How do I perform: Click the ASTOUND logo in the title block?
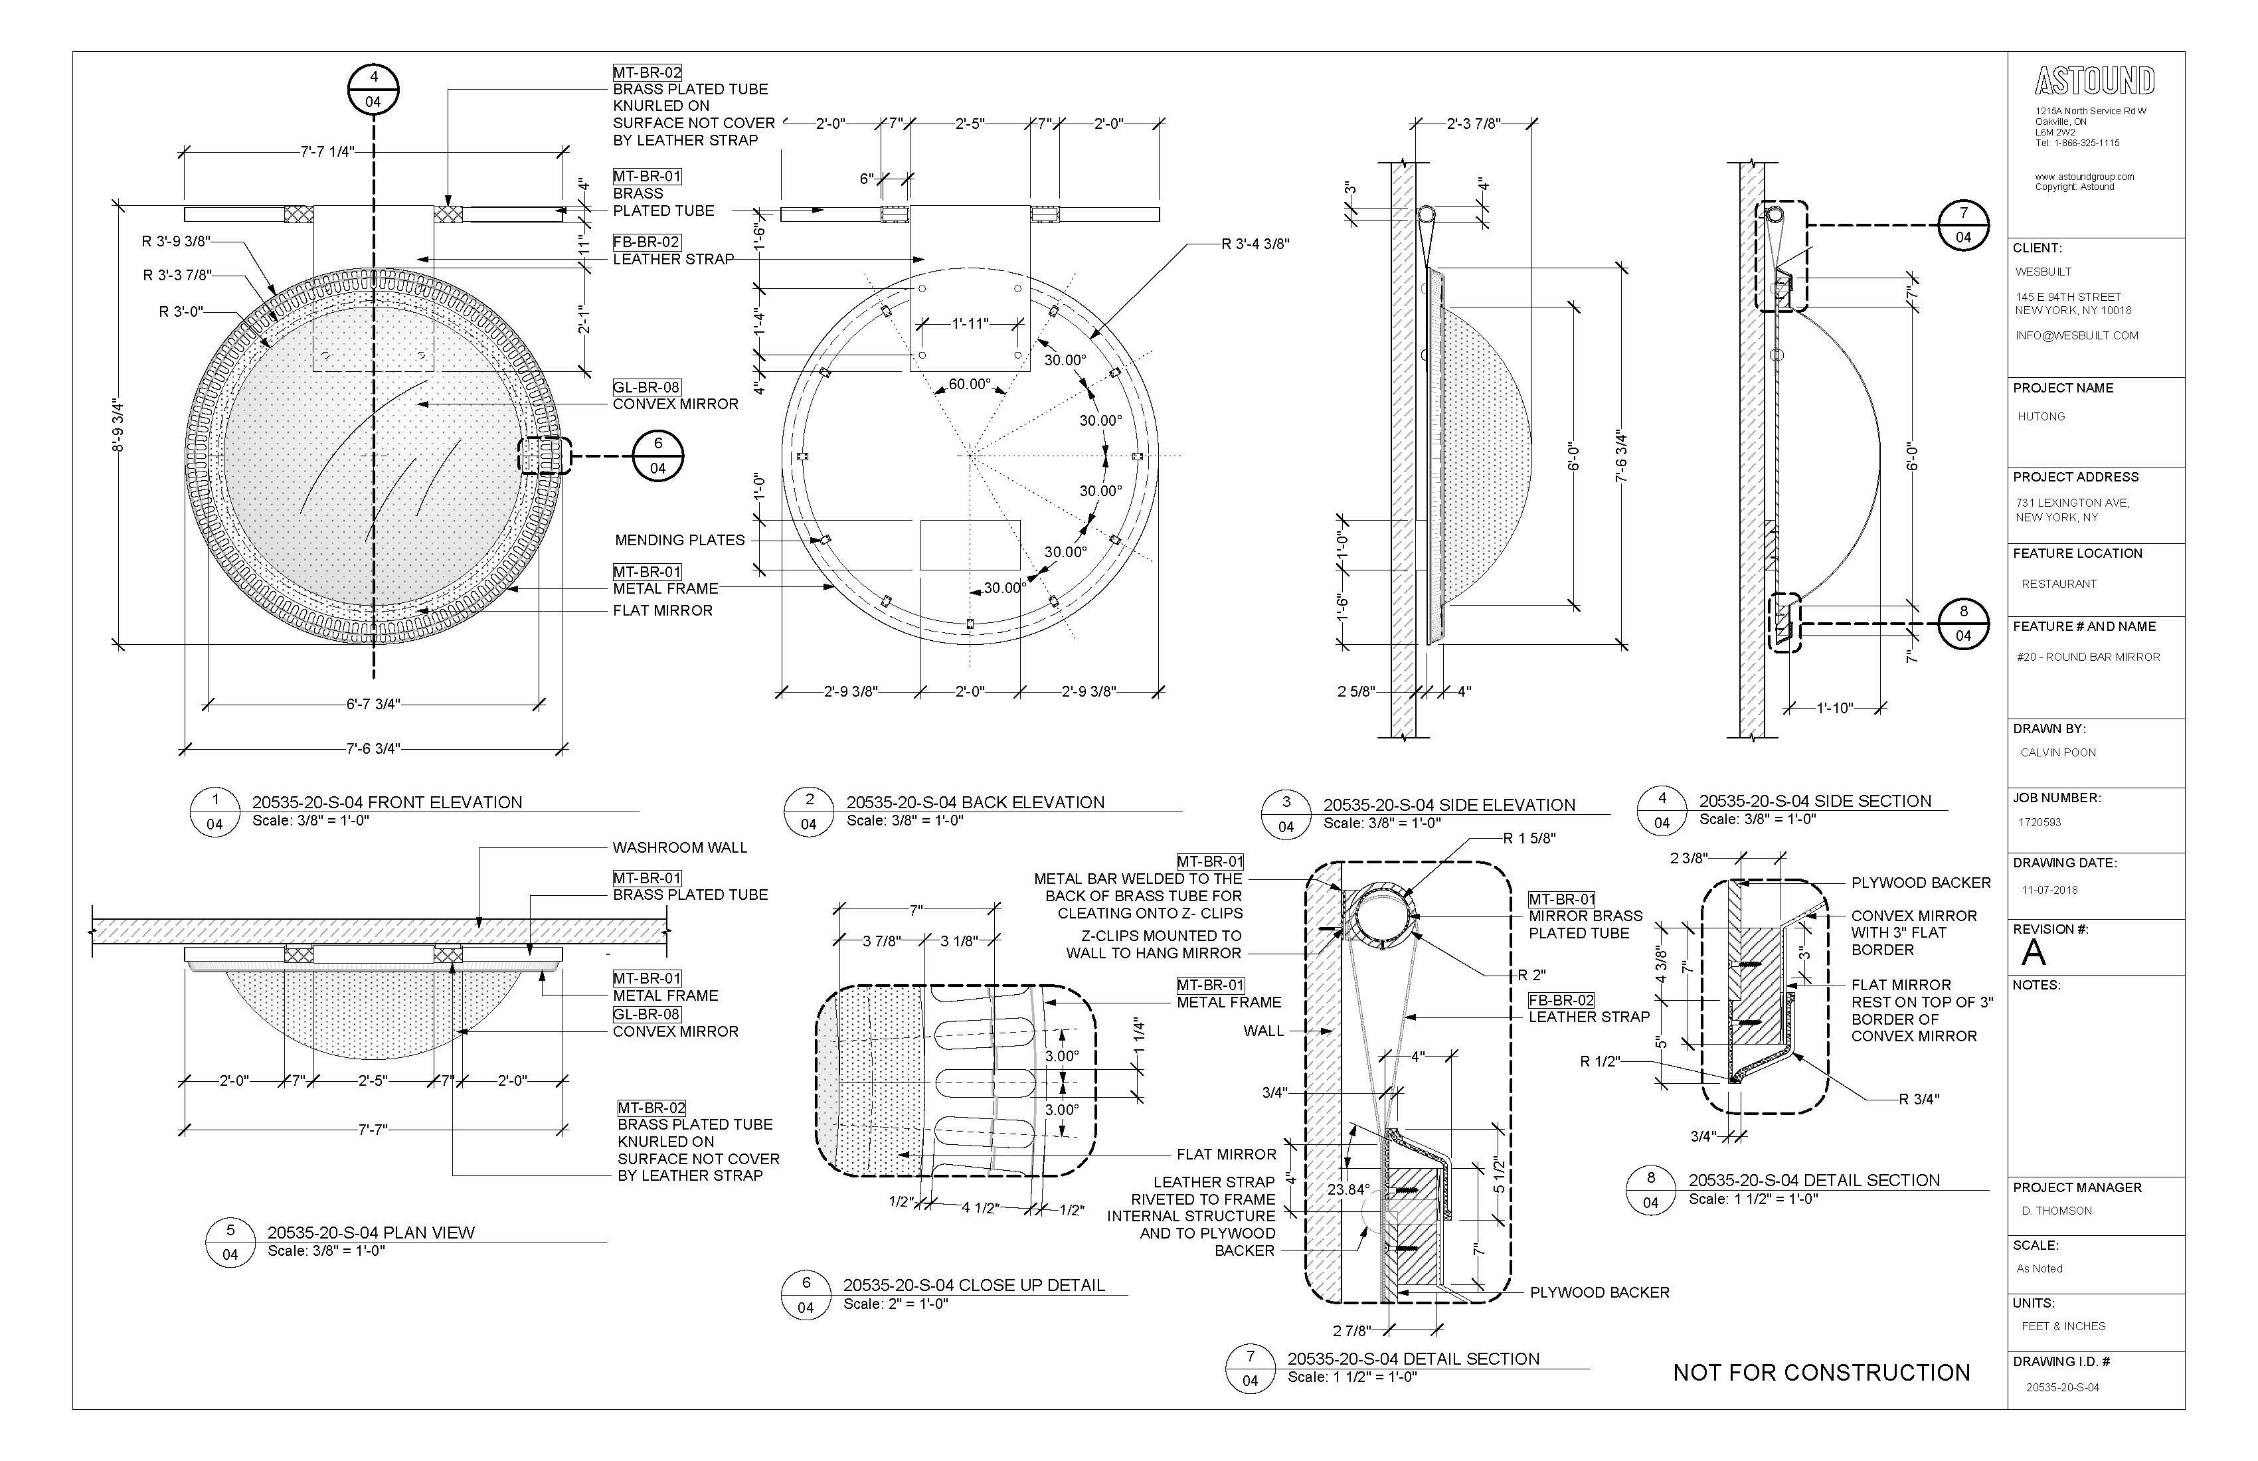pyautogui.click(x=2094, y=82)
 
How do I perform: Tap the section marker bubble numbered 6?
pyautogui.click(x=657, y=456)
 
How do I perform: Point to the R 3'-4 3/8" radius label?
pyautogui.click(x=1255, y=244)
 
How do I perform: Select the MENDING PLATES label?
pyautogui.click(x=679, y=541)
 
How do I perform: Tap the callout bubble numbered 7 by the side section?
pyautogui.click(x=1963, y=225)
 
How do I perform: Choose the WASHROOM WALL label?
pyautogui.click(x=679, y=847)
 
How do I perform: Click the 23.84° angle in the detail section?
pyautogui.click(x=1348, y=1189)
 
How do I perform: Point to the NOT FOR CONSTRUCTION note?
pyautogui.click(x=1820, y=1373)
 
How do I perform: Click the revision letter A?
pyautogui.click(x=2033, y=952)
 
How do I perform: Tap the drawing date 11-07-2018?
pyautogui.click(x=2049, y=890)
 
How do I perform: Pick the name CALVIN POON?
pyautogui.click(x=2058, y=752)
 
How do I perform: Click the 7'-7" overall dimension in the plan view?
pyautogui.click(x=373, y=1129)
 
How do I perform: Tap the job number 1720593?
pyautogui.click(x=2039, y=823)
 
